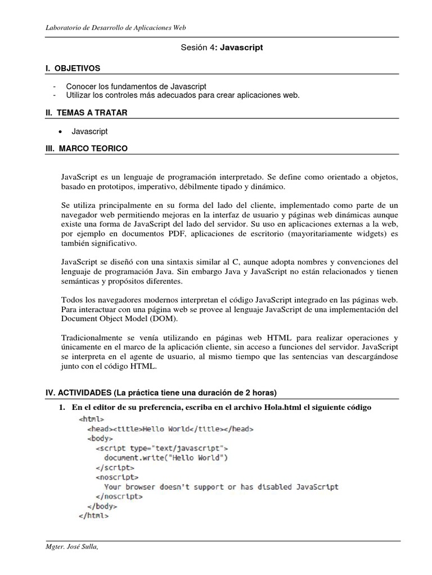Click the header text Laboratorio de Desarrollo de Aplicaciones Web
(x=116, y=27)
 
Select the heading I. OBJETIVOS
(x=73, y=68)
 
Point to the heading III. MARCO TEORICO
(x=87, y=148)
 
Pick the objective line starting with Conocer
(x=136, y=86)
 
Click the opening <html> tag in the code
(x=91, y=419)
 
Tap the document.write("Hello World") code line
(x=165, y=458)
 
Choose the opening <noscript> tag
(x=117, y=477)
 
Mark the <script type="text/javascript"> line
(x=162, y=448)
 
